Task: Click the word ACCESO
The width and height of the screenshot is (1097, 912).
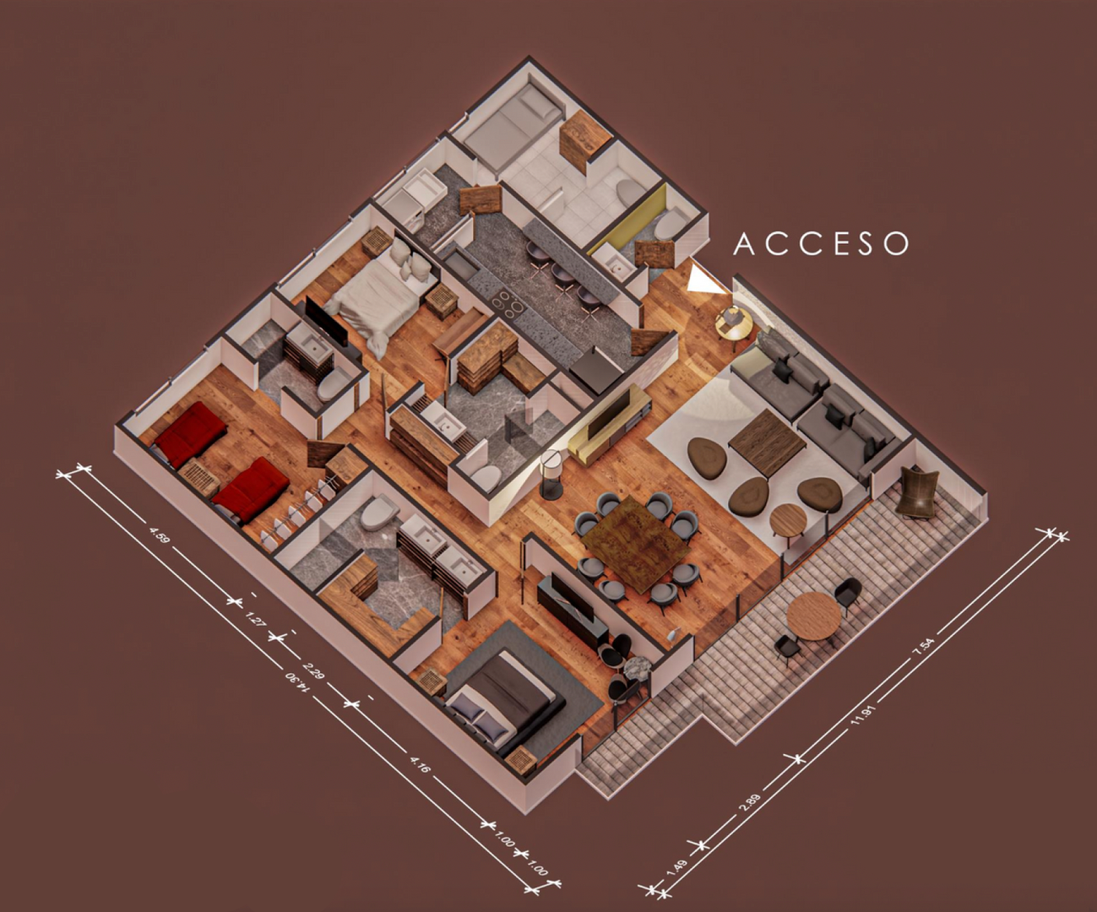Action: pyautogui.click(x=821, y=244)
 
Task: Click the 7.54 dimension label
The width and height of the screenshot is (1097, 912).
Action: pyautogui.click(x=923, y=645)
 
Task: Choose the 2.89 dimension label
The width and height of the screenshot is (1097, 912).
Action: pyautogui.click(x=749, y=803)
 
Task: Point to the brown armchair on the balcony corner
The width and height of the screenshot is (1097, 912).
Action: pyautogui.click(x=917, y=491)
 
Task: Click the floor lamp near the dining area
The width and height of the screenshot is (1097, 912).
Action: pyautogui.click(x=551, y=473)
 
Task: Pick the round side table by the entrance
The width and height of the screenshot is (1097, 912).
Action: pyautogui.click(x=734, y=324)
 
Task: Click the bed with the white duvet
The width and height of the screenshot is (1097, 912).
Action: pyautogui.click(x=378, y=294)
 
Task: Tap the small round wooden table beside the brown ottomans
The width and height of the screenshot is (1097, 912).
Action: pyautogui.click(x=788, y=519)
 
